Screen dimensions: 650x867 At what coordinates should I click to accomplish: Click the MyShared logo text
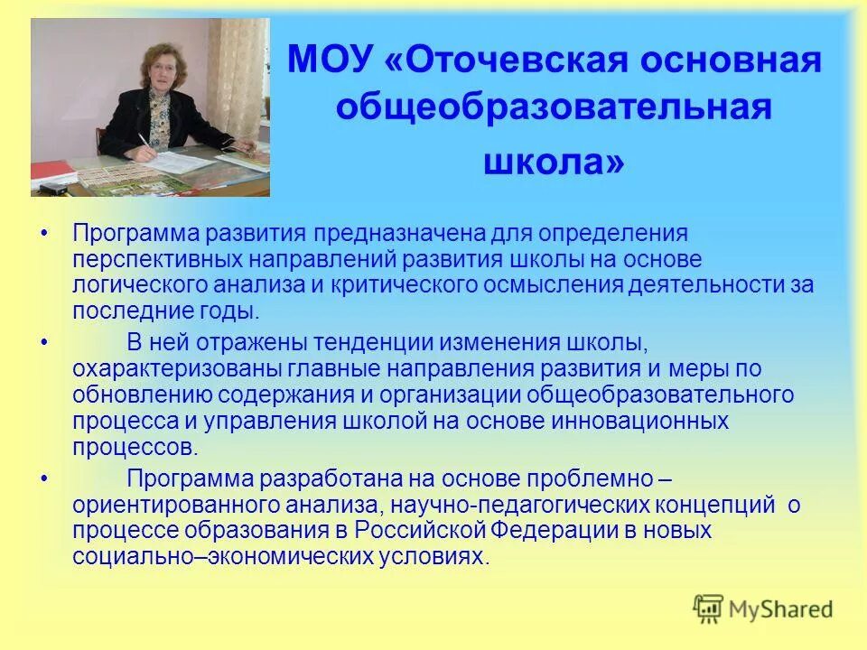[782, 609]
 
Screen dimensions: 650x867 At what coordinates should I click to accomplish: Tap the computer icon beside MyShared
[709, 609]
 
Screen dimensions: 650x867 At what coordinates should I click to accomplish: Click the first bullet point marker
[44, 234]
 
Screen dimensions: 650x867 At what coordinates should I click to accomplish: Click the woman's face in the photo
[161, 71]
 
